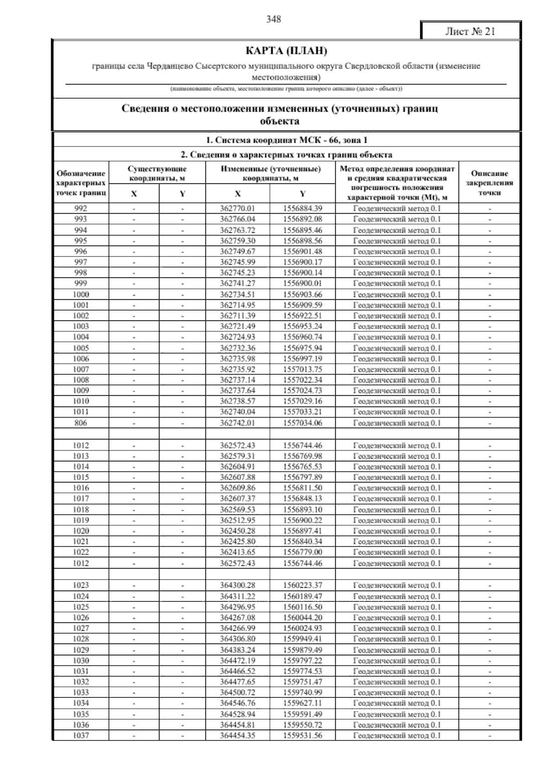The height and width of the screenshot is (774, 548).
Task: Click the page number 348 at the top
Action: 274,19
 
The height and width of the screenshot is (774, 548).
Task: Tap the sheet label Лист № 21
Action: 470,31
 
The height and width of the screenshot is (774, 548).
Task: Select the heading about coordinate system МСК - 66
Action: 286,140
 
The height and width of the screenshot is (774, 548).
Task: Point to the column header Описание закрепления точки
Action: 490,183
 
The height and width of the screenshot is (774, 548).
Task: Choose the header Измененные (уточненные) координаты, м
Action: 270,173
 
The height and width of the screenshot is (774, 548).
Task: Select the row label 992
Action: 81,209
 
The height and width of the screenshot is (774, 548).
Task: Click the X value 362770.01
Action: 237,209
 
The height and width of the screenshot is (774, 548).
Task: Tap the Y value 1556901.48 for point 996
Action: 302,251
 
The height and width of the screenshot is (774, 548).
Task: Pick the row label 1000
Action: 81,294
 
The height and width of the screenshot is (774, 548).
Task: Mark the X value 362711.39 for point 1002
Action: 237,316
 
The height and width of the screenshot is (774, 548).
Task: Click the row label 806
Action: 81,423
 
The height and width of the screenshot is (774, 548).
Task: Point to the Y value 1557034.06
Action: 302,423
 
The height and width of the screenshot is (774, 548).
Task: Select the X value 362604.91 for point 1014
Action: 237,466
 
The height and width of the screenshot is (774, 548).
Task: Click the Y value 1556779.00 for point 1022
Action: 302,552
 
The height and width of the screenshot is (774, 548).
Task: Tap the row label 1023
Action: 81,586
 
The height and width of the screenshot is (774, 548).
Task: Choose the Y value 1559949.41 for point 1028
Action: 302,639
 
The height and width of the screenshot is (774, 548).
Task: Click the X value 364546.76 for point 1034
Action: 237,703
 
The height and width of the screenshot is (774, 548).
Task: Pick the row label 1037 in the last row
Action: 81,735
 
